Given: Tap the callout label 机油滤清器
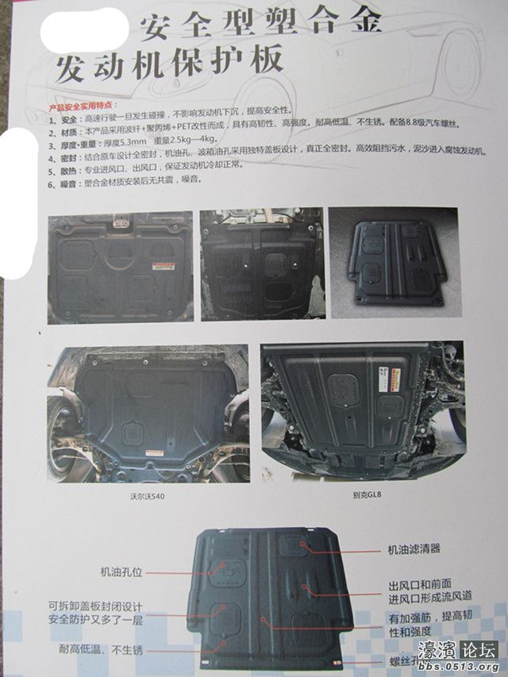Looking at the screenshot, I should coord(414,548).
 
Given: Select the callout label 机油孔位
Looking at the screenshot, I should coord(121,571).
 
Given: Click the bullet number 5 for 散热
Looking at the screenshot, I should coord(51,165).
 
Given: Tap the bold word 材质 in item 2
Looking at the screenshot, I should coord(70,133).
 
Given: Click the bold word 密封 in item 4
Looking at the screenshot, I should coord(70,157).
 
